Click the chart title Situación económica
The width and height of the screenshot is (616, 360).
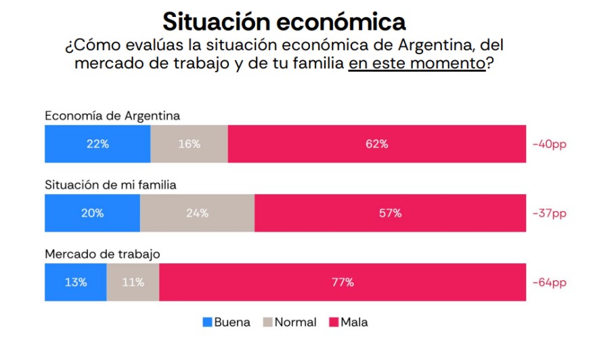click(284, 21)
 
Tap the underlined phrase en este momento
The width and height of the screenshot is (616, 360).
click(417, 64)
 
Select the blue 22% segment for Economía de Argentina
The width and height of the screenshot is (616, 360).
click(97, 144)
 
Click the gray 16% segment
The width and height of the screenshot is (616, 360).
click(189, 144)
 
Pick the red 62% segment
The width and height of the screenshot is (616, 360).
click(377, 144)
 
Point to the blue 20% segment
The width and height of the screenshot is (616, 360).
click(92, 213)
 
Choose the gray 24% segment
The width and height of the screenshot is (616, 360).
click(197, 213)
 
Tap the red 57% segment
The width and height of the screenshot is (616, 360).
click(390, 213)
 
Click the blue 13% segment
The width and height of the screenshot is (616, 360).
click(75, 282)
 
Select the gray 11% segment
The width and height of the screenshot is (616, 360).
click(133, 282)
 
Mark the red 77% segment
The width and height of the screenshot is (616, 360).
click(343, 282)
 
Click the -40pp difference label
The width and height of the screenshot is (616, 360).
click(549, 144)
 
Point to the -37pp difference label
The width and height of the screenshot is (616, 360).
click(549, 213)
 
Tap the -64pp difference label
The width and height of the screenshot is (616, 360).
click(549, 282)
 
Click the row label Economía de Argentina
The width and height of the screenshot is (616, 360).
click(112, 116)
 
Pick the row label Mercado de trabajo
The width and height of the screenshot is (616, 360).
click(102, 254)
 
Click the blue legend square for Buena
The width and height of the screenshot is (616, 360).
click(207, 322)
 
